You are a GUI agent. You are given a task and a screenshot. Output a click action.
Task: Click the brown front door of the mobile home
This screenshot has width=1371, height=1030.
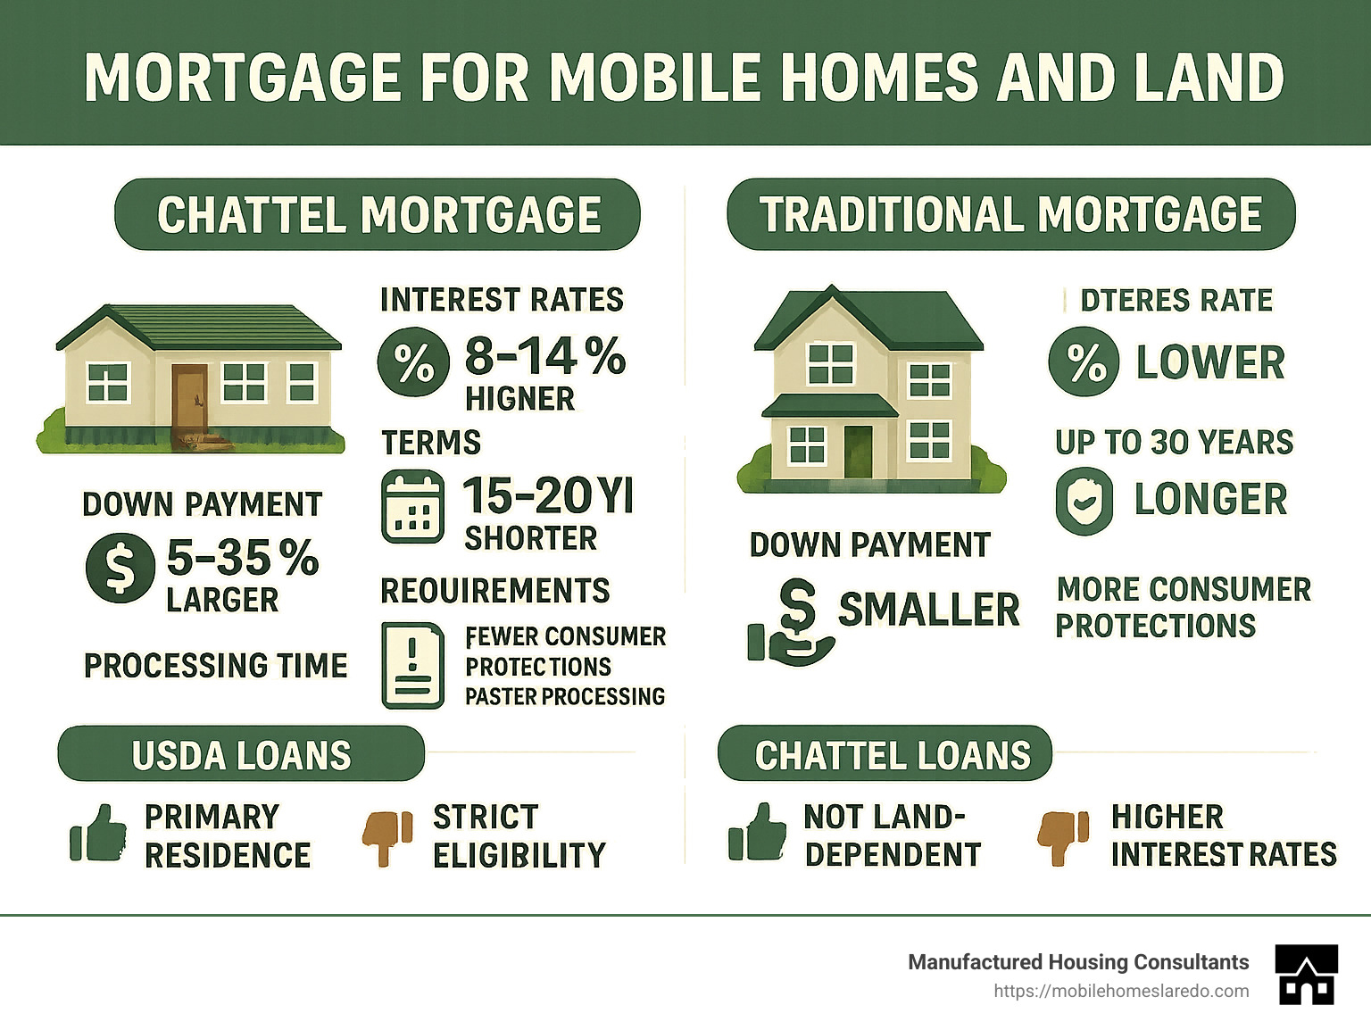tap(190, 399)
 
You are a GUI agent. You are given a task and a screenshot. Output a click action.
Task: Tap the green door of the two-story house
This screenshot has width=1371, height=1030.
tap(858, 451)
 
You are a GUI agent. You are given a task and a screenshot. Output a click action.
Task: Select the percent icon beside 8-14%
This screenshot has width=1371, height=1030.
tap(412, 362)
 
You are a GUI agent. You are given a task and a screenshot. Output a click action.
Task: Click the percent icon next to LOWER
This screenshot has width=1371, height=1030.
tap(1084, 362)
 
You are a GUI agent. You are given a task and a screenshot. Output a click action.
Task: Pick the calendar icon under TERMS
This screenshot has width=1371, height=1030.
tap(412, 507)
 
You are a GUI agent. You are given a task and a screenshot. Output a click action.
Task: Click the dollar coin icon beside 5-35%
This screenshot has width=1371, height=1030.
tap(120, 568)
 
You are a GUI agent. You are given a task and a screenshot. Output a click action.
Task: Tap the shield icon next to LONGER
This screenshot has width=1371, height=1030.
tap(1084, 501)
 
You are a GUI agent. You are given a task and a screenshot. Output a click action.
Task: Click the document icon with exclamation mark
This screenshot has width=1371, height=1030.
tap(412, 666)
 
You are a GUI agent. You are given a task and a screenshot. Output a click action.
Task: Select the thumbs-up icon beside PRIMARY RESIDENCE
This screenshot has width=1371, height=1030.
tap(98, 835)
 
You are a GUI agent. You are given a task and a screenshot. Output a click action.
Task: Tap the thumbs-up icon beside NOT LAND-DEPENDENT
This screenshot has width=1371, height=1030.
tap(757, 833)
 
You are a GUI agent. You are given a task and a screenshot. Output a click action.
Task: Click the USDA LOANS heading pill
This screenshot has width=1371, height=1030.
tap(241, 754)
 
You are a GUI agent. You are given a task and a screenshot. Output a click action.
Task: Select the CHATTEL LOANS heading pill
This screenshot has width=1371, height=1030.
tap(885, 754)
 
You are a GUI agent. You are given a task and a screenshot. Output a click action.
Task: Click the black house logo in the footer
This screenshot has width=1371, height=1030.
tap(1307, 975)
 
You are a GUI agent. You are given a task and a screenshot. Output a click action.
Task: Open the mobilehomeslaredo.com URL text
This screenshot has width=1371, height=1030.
tap(1120, 992)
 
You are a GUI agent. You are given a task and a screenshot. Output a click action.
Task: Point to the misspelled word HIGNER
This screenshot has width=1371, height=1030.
tap(519, 399)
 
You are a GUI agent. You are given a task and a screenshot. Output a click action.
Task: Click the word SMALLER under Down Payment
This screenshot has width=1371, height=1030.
tap(928, 610)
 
